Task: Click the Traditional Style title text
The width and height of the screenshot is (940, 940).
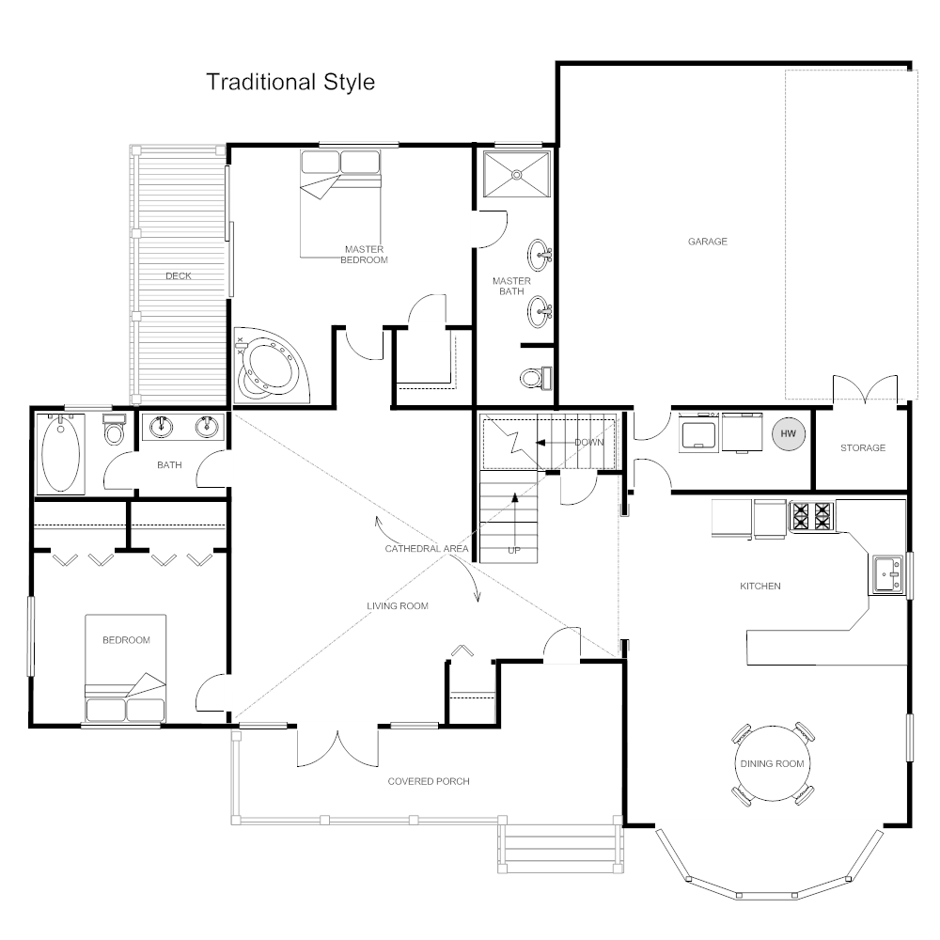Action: pos(290,82)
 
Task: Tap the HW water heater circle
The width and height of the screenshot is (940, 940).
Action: pos(787,433)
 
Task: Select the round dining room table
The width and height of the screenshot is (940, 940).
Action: pos(772,763)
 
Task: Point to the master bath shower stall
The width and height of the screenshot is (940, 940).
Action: pos(514,174)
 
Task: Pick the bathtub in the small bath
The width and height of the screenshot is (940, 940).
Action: pos(61,454)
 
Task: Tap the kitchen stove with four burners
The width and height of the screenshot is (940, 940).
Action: pos(812,516)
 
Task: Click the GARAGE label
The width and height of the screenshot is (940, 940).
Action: pos(707,242)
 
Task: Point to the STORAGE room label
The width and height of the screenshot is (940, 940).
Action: pos(862,447)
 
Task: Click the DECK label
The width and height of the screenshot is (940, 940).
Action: pos(179,275)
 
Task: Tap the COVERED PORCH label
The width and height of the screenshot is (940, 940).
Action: pos(428,781)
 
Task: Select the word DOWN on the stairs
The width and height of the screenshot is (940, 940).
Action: pos(588,441)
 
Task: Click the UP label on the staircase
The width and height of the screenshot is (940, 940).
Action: pos(513,550)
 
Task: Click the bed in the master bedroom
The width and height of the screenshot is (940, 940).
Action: pos(339,202)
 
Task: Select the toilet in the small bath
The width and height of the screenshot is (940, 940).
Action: pos(114,431)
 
